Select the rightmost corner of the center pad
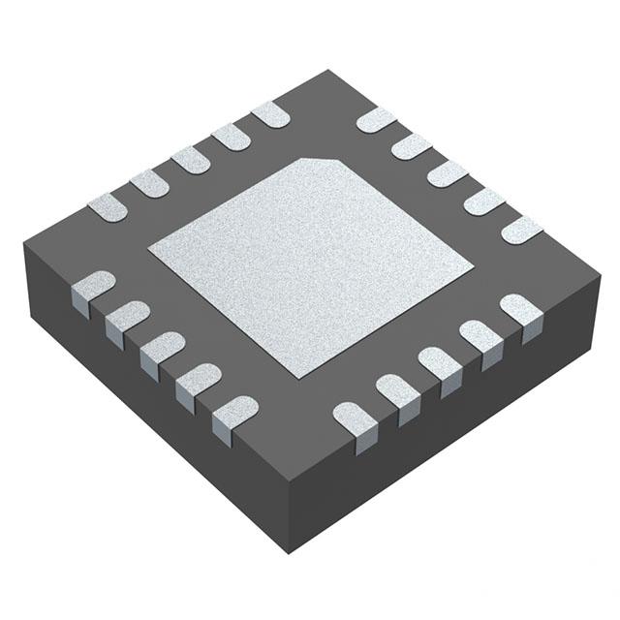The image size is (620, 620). click(472, 263)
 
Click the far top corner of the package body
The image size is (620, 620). click(329, 71)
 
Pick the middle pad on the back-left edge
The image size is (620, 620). click(190, 160)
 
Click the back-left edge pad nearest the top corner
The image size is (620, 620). click(270, 114)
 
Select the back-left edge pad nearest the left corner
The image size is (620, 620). click(108, 206)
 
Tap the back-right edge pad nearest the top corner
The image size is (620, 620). click(376, 119)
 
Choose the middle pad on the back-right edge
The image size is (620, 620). click(448, 173)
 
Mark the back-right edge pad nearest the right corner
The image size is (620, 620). click(521, 230)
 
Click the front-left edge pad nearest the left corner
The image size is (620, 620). click(93, 287)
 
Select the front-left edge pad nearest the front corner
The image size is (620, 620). click(234, 411)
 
